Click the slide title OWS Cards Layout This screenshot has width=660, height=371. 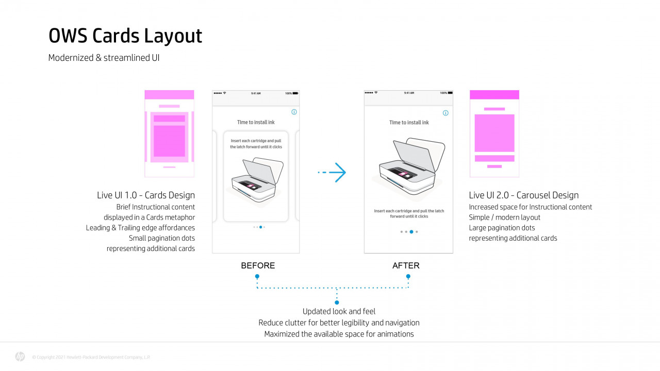tap(125, 36)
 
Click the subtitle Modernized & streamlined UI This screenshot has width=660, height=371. tap(104, 58)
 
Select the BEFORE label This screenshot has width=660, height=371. tap(258, 266)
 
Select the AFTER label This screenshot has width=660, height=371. tap(406, 266)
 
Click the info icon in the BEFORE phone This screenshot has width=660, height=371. tap(294, 112)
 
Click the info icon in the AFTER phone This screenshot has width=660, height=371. tap(445, 113)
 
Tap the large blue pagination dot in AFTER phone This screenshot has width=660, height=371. tap(411, 232)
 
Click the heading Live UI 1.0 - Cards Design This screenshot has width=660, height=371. tap(146, 195)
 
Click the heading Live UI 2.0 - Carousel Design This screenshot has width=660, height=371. tap(523, 195)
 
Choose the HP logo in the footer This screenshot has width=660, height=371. tap(20, 357)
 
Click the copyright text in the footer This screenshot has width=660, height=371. tap(91, 357)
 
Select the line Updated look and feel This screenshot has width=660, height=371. tap(339, 311)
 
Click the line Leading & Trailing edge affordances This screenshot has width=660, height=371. tap(140, 228)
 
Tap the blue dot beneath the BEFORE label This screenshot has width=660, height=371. tap(257, 277)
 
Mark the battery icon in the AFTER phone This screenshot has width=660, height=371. tap(450, 93)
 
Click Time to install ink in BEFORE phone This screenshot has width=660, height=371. tap(256, 122)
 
